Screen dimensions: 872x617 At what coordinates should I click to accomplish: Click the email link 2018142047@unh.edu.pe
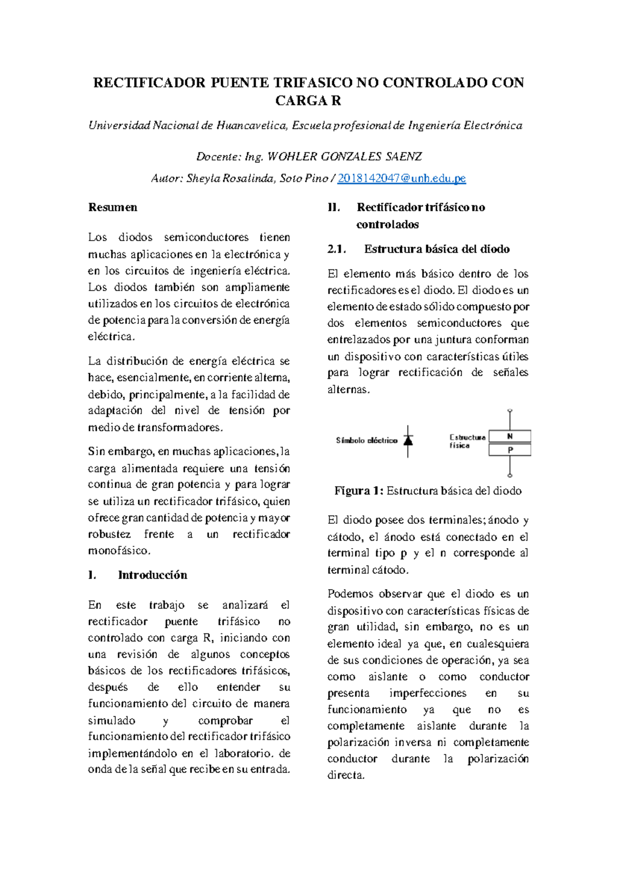click(x=401, y=178)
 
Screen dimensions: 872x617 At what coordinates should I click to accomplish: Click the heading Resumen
click(x=113, y=207)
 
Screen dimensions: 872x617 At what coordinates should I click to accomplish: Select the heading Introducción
click(x=152, y=575)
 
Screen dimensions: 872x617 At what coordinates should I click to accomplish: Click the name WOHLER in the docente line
click(x=292, y=156)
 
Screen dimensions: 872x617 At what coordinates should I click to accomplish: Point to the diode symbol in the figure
click(x=408, y=441)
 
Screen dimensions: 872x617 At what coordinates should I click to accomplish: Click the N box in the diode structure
click(x=510, y=437)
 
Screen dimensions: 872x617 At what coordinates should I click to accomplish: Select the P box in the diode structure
click(x=510, y=450)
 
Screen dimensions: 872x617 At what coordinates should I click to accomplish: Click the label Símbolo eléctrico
click(x=367, y=441)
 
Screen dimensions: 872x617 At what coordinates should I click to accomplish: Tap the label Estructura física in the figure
click(x=466, y=441)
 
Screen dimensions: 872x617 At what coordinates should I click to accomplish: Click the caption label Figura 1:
click(x=358, y=491)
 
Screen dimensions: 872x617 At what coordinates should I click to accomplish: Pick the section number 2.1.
click(x=337, y=249)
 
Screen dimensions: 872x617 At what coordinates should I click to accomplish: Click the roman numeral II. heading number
click(x=334, y=208)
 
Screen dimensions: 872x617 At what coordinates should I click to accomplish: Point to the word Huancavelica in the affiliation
click(x=251, y=125)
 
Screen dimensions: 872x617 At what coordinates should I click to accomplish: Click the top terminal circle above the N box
click(x=510, y=411)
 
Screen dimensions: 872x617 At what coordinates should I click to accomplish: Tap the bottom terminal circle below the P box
click(x=510, y=475)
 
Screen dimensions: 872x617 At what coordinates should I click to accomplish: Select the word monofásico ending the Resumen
click(x=119, y=551)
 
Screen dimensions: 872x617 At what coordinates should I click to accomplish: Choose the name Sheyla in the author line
click(x=203, y=178)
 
